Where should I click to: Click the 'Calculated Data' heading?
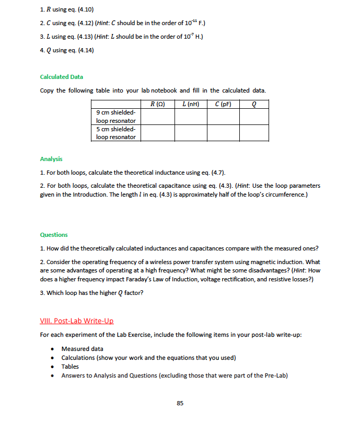click(61, 77)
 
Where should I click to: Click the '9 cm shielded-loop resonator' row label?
click(116, 117)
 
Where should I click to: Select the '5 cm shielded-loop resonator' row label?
click(116, 133)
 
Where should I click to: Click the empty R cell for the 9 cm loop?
click(158, 117)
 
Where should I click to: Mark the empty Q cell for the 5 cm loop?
click(254, 133)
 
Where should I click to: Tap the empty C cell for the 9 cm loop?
click(223, 117)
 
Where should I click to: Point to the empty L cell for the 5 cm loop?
click(190, 133)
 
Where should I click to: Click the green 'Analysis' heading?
click(51, 159)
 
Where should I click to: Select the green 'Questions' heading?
click(54, 235)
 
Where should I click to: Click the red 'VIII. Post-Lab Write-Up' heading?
click(76, 321)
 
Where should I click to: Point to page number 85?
click(180, 403)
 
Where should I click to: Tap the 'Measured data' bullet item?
click(82, 349)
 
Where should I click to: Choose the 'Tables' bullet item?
click(70, 367)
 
